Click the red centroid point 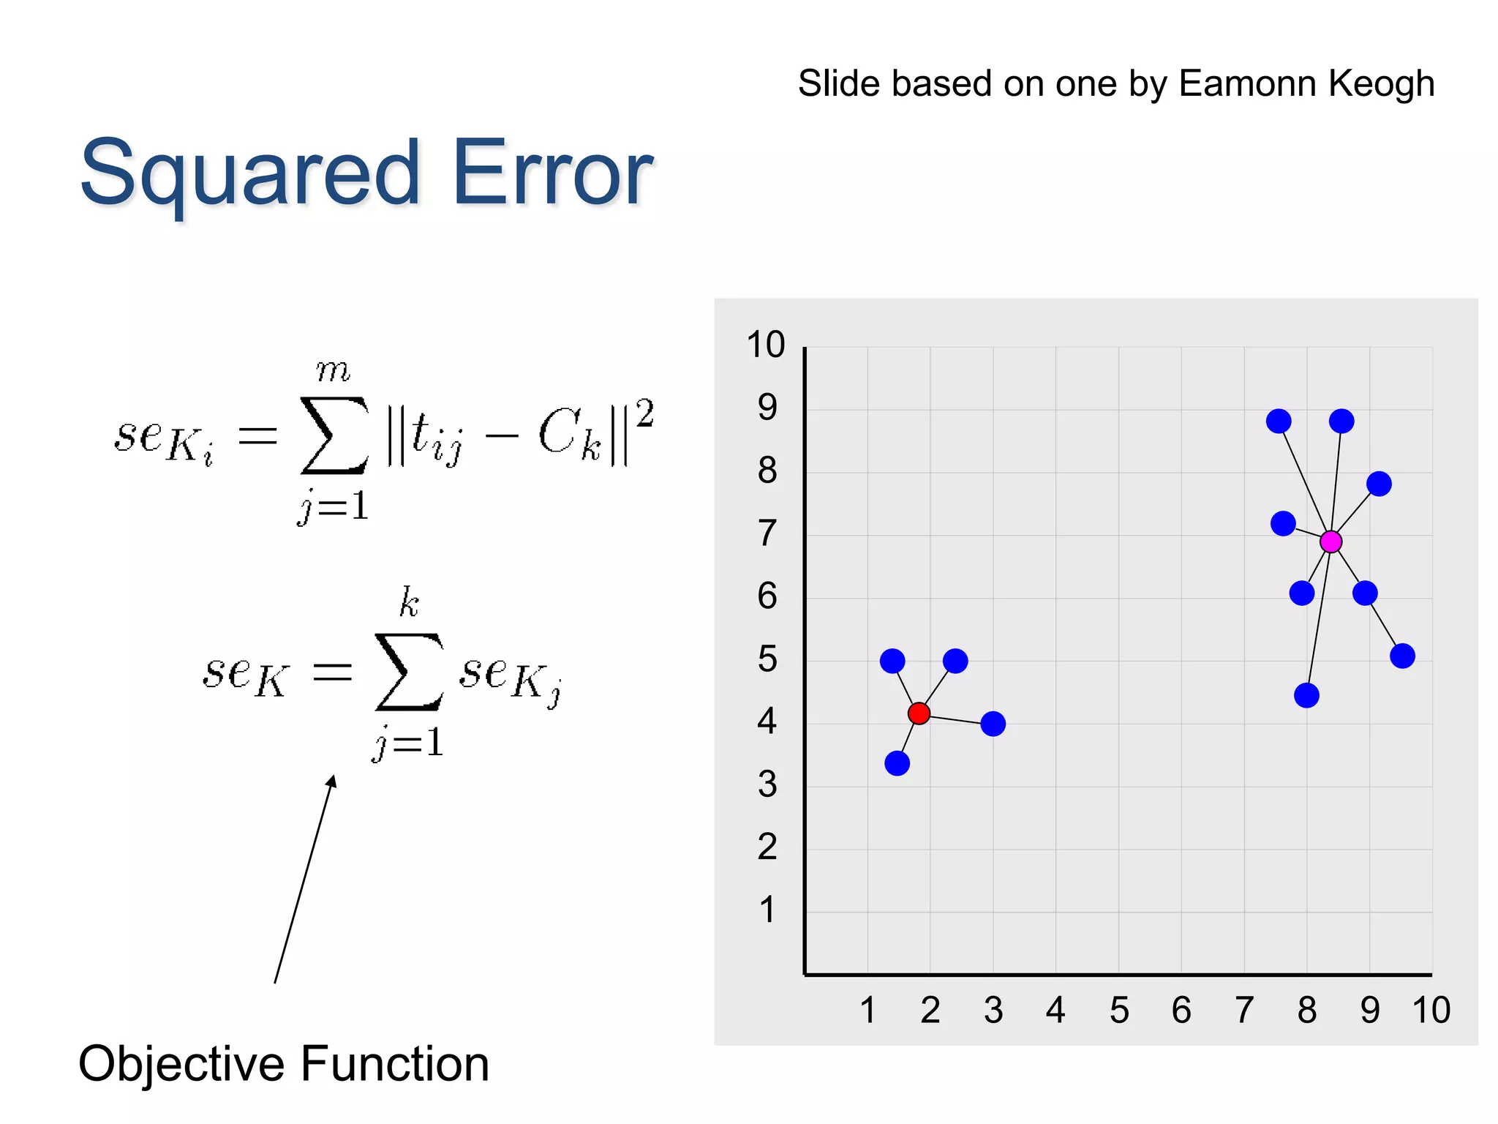919,713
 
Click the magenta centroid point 1330,542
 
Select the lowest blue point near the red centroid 897,763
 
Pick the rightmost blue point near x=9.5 1402,656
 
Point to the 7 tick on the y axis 767,533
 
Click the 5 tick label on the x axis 1119,1011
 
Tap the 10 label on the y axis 765,345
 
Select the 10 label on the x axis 1431,1011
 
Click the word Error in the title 552,174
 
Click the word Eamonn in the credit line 1248,83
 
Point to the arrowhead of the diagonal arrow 332,782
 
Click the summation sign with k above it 409,671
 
